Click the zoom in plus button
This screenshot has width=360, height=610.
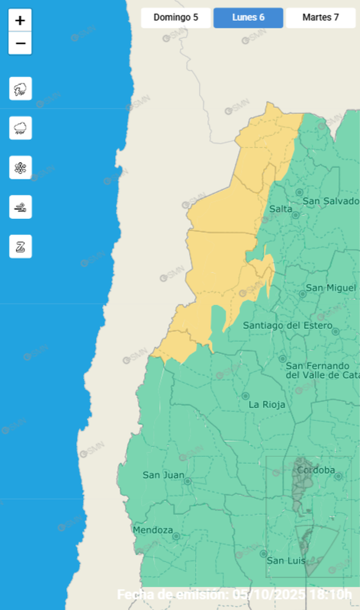pyautogui.click(x=20, y=21)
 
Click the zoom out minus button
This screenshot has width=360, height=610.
pyautogui.click(x=20, y=44)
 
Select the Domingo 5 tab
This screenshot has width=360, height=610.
pyautogui.click(x=176, y=18)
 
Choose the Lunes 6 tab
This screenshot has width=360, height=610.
pyautogui.click(x=248, y=18)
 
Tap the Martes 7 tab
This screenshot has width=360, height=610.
pyautogui.click(x=321, y=18)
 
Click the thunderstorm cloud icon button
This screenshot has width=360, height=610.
pyautogui.click(x=20, y=89)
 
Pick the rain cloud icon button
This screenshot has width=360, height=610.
pyautogui.click(x=20, y=128)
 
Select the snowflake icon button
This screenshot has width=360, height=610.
pyautogui.click(x=20, y=168)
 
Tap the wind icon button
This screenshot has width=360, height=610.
pyautogui.click(x=20, y=207)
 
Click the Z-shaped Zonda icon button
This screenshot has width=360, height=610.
pyautogui.click(x=20, y=246)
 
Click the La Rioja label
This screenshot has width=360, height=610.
pyautogui.click(x=267, y=405)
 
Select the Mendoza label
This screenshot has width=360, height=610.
pyautogui.click(x=153, y=530)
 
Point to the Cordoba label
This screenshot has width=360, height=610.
pyautogui.click(x=316, y=470)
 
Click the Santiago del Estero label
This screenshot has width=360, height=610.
pyautogui.click(x=288, y=325)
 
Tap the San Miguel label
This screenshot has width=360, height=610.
pyautogui.click(x=331, y=288)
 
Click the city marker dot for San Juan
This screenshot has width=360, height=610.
pyautogui.click(x=188, y=481)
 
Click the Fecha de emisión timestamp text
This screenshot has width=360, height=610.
pyautogui.click(x=235, y=594)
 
